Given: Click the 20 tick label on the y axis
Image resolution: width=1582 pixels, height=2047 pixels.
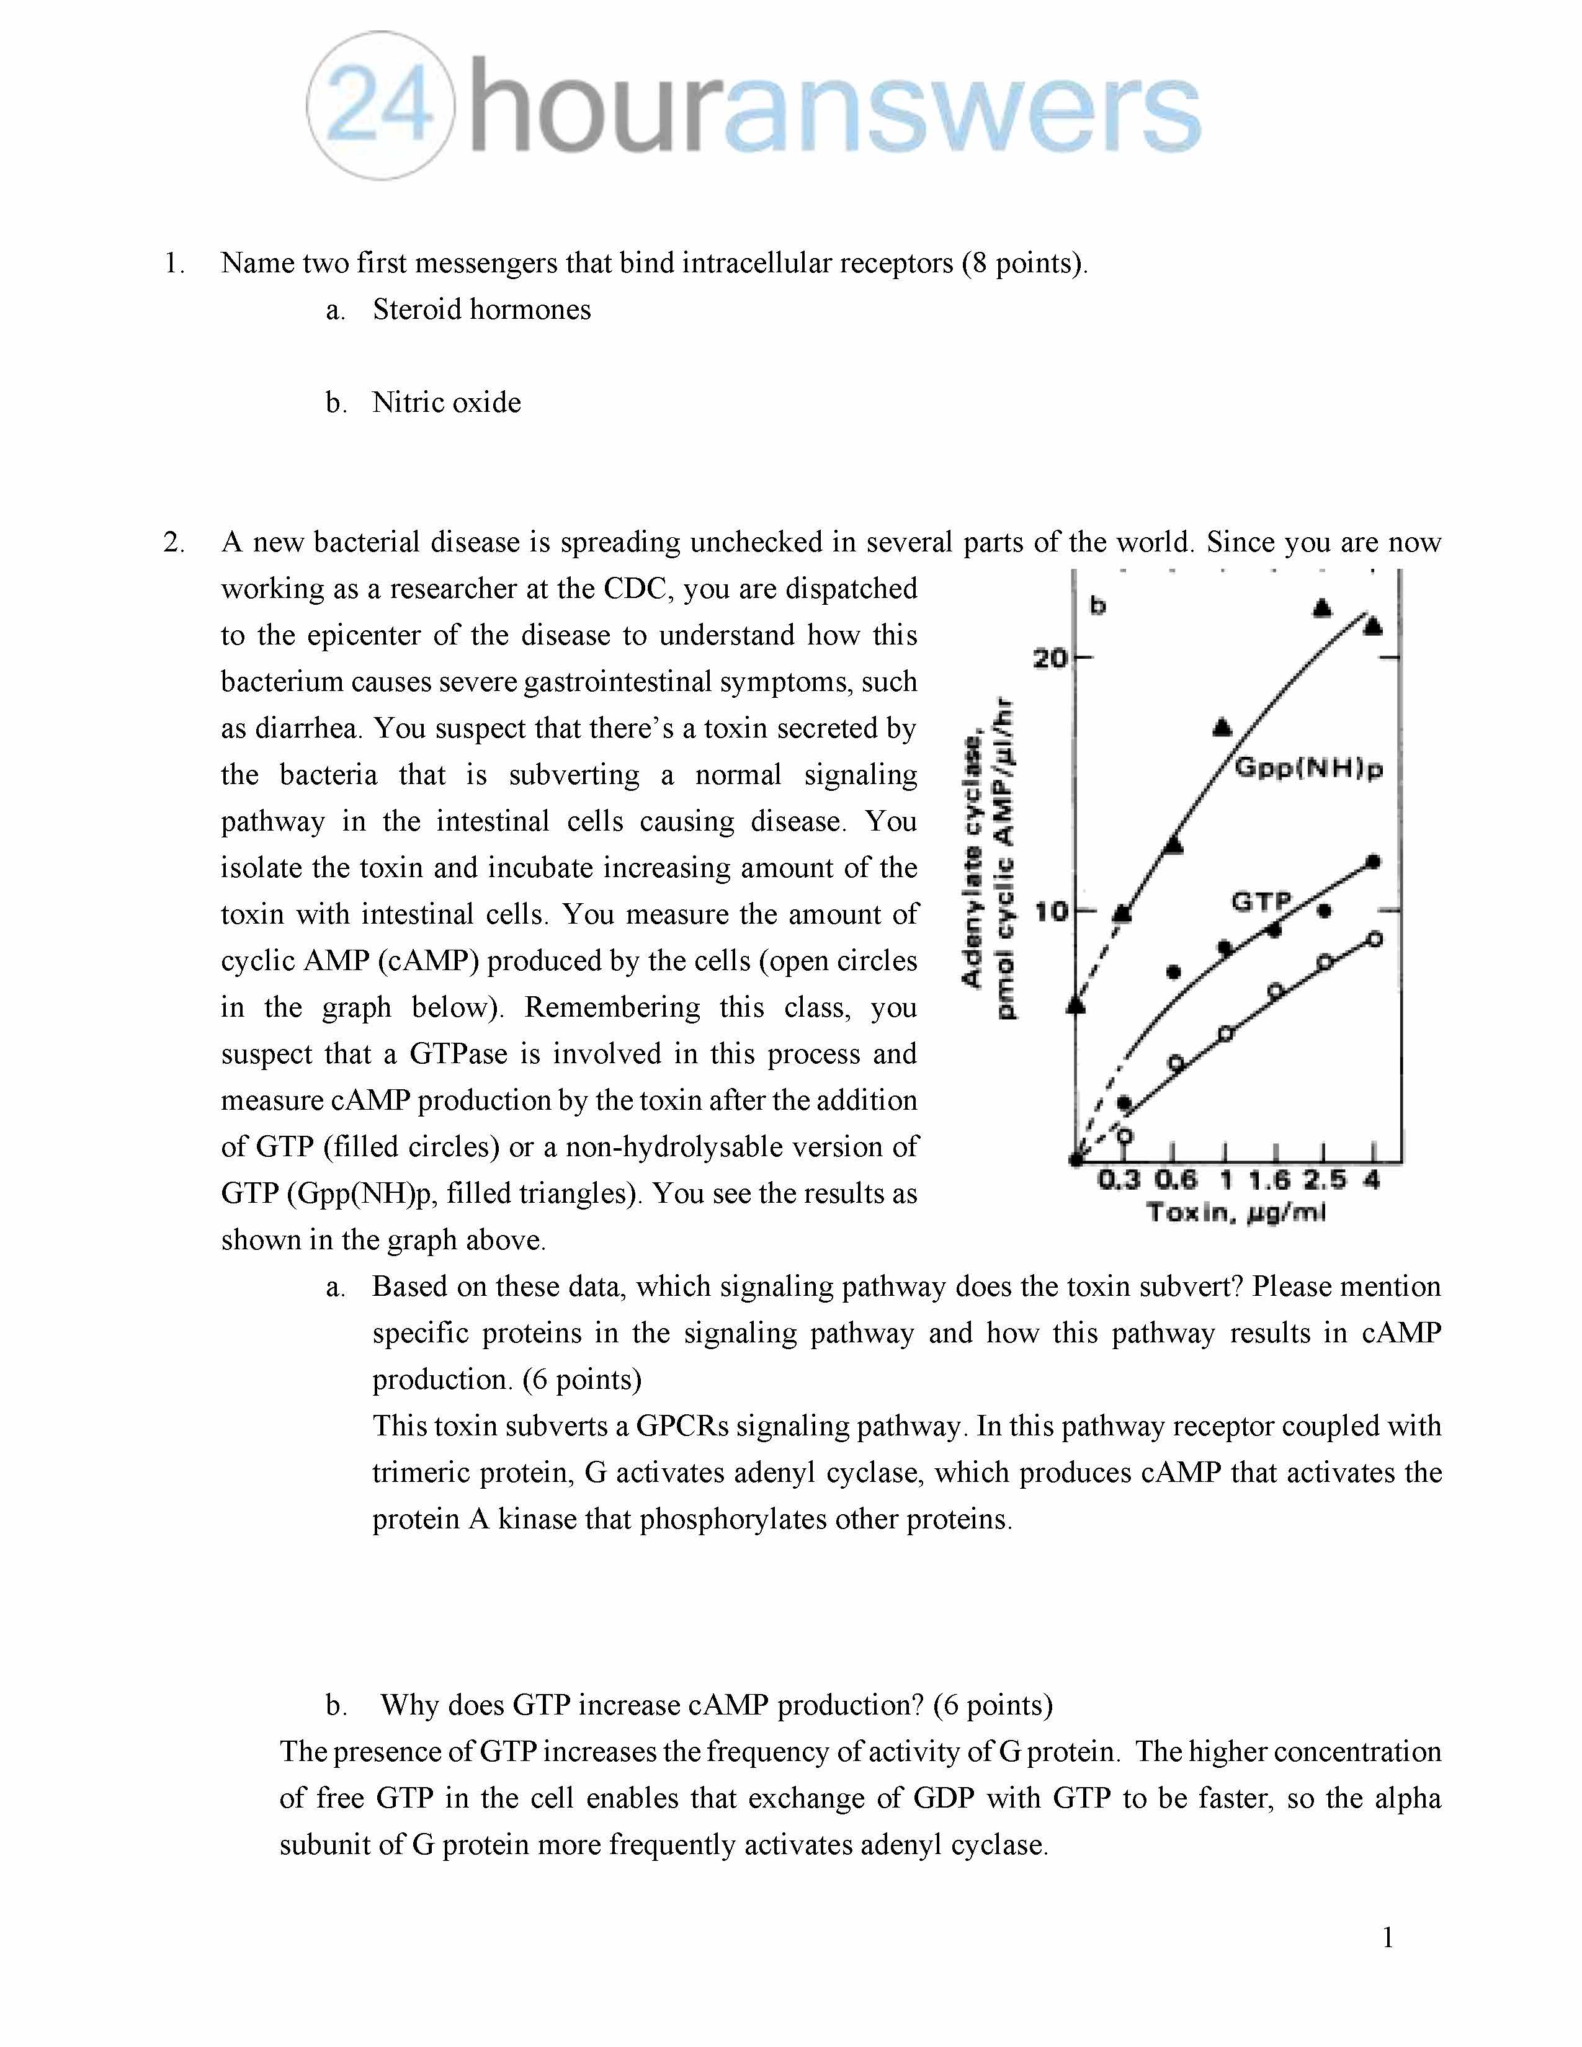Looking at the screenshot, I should tap(1050, 658).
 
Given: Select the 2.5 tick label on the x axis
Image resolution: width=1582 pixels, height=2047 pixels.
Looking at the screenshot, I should tap(1323, 1180).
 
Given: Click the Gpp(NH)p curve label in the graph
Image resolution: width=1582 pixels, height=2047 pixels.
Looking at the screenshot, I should tap(1308, 769).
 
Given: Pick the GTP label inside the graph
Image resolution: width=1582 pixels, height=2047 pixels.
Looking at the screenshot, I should tap(1261, 902).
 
